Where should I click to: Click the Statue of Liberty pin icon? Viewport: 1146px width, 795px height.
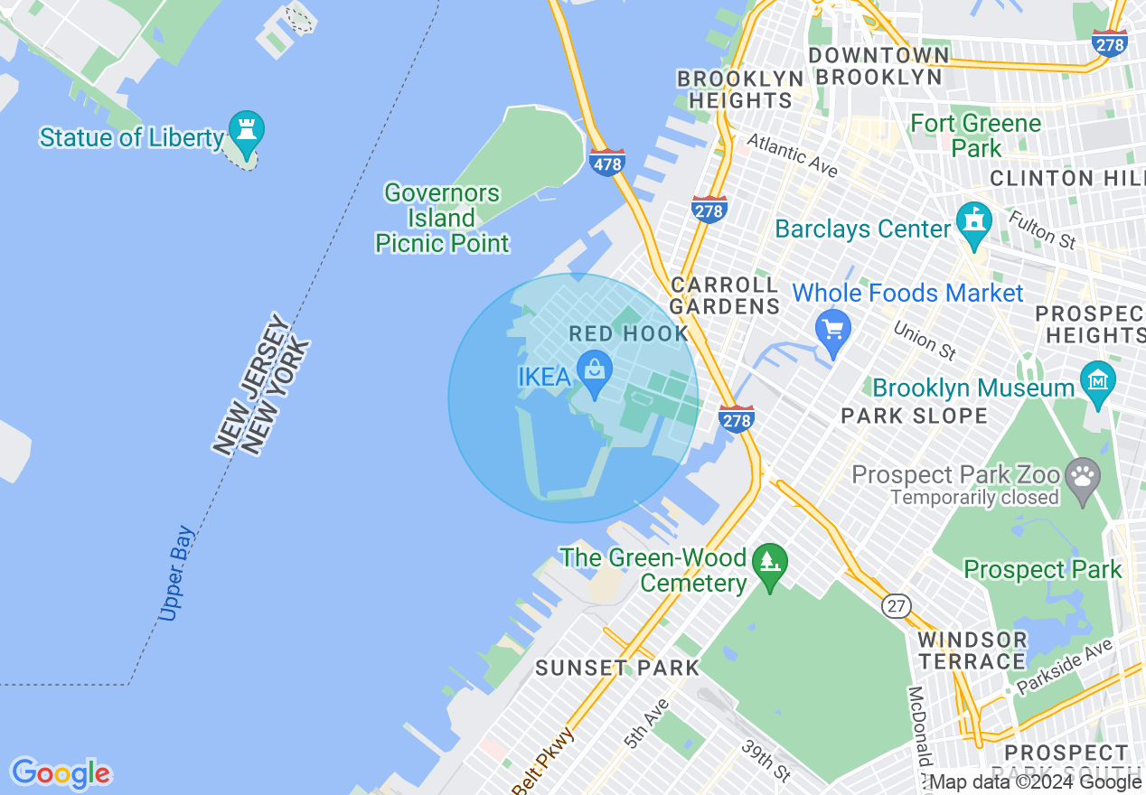coord(245,131)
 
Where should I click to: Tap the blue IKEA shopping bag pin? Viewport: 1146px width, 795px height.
coord(595,373)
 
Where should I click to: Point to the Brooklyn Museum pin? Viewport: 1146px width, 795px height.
coord(1098,383)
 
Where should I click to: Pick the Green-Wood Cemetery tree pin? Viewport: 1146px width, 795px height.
coord(769,566)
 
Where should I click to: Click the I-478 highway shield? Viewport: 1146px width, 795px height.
coord(606,163)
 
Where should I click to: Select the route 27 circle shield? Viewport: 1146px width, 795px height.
coord(897,606)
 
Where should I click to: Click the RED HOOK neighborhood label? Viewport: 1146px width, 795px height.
coord(628,334)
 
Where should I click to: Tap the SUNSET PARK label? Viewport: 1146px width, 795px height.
coord(617,669)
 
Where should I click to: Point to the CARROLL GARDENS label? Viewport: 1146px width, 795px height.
coord(725,295)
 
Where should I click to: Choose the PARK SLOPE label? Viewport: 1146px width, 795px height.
coord(914,416)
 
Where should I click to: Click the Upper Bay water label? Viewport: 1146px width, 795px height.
coord(175,574)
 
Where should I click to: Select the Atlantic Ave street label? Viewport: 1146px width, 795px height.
coord(792,155)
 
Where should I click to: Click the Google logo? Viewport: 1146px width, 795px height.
coord(61,773)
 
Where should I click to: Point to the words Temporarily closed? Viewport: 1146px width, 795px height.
coord(974,498)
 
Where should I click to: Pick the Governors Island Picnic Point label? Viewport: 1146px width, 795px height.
coord(442,218)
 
